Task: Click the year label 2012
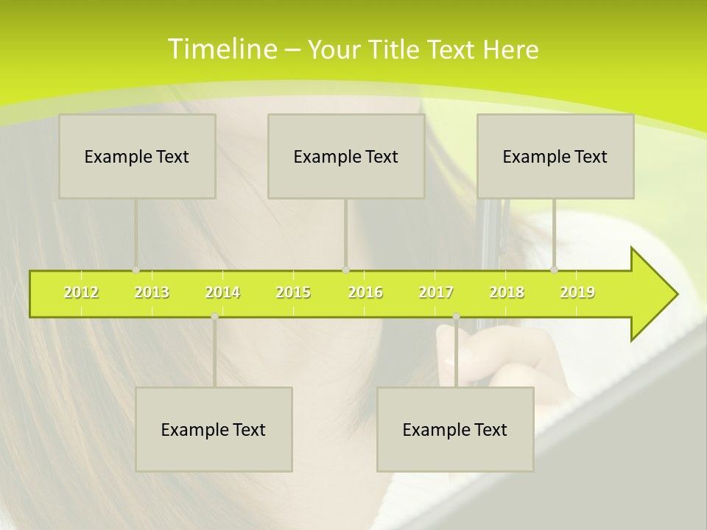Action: (81, 292)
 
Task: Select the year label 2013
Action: (152, 292)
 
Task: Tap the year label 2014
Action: (222, 292)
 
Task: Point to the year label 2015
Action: (293, 292)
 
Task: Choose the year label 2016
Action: (365, 292)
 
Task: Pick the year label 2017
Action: (436, 292)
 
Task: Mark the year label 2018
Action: (507, 292)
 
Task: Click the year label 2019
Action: (577, 292)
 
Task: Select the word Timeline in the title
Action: (222, 49)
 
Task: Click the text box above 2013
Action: (137, 156)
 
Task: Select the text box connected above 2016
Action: (346, 156)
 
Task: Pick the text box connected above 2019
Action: (555, 156)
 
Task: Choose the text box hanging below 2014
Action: (214, 429)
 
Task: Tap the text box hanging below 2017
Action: (455, 429)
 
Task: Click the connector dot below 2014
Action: (214, 316)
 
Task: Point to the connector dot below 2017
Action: (456, 316)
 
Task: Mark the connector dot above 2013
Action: (136, 270)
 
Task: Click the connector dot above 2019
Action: (555, 270)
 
